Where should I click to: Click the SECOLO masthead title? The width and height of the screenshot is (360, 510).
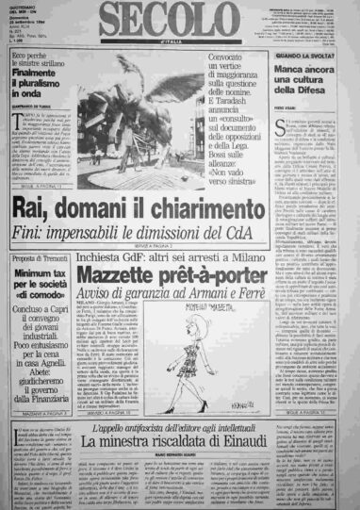[x=179, y=21]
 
